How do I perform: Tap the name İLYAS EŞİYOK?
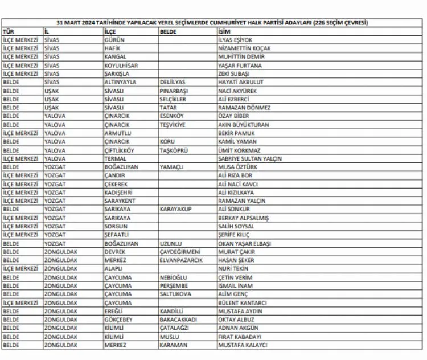[x=235, y=40]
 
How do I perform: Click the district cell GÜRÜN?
[x=114, y=40]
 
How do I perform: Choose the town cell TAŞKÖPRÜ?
[x=173, y=150]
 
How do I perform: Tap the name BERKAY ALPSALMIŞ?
[x=243, y=218]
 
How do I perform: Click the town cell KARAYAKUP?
[x=175, y=210]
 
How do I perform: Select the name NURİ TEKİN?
[x=233, y=269]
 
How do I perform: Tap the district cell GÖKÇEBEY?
[x=118, y=320]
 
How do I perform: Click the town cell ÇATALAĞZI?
[x=175, y=328]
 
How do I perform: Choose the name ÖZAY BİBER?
[x=233, y=116]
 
